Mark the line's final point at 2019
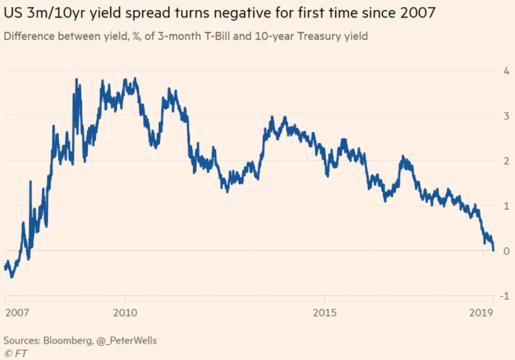click(493, 250)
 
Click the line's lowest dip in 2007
click(12, 277)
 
